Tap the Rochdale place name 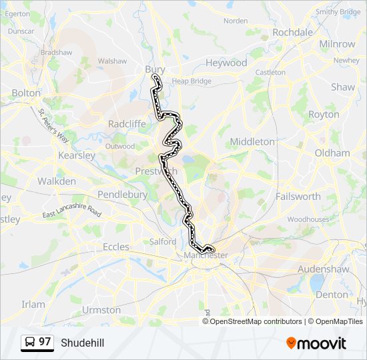292,32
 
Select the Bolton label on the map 26,93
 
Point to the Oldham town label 332,153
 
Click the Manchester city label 206,255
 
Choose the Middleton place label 252,141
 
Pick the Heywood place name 226,63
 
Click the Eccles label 115,247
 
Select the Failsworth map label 298,197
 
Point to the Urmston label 101,310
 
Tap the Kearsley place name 76,155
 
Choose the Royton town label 324,115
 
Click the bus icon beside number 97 29,343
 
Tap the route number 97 45,342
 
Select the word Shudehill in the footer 82,343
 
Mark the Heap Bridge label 191,81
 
